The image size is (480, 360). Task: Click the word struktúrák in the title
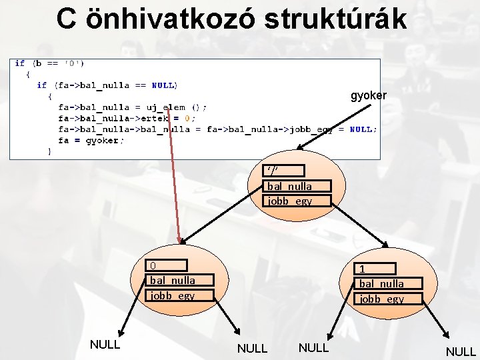[335, 19]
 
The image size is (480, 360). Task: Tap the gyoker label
[368, 96]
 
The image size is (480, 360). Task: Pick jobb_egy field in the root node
[289, 200]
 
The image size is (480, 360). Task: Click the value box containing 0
[167, 265]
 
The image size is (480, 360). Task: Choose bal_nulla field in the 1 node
[381, 283]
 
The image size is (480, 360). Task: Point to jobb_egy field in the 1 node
[381, 299]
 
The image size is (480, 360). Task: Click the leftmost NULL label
[105, 345]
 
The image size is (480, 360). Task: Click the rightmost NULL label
[461, 351]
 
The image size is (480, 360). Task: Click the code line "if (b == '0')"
[49, 64]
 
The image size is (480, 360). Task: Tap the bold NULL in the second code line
[164, 85]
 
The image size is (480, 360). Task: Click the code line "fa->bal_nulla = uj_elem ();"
[132, 107]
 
